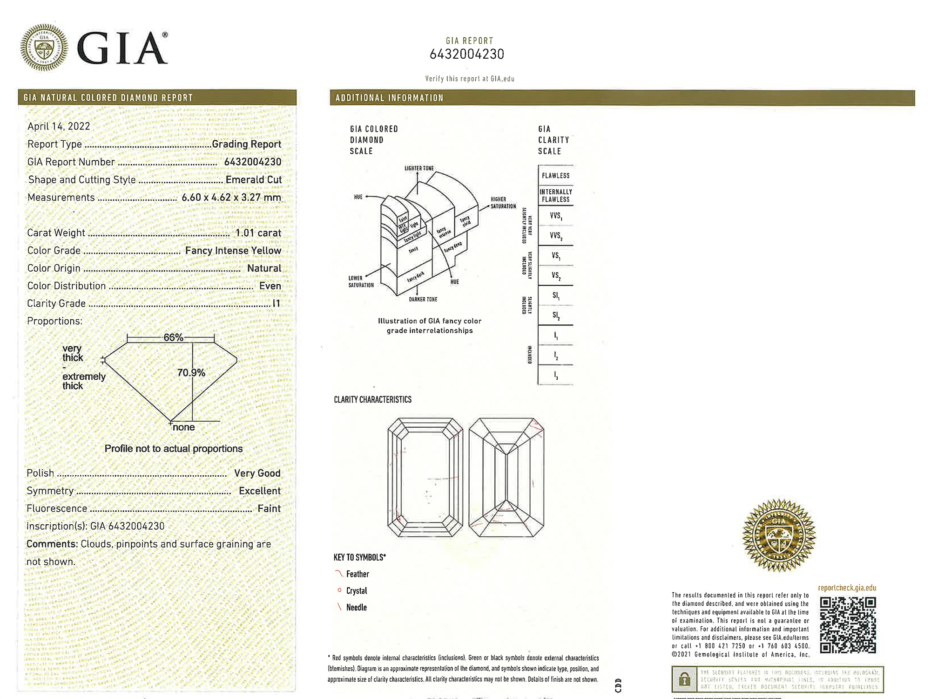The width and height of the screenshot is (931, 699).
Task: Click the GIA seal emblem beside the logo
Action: tap(44, 48)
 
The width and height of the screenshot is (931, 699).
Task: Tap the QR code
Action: tap(848, 625)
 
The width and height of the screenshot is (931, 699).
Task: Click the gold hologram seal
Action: tap(779, 535)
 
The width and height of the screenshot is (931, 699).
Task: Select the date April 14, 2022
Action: tap(59, 126)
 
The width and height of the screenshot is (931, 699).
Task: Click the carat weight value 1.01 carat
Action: tap(258, 233)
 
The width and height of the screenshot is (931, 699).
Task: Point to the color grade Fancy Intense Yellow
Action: tap(233, 251)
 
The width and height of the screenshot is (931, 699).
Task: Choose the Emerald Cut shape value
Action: tap(253, 180)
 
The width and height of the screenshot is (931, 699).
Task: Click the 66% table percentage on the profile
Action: tap(173, 337)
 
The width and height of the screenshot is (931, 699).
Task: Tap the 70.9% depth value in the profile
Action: tap(191, 373)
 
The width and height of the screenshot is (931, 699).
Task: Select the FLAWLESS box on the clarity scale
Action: tap(555, 176)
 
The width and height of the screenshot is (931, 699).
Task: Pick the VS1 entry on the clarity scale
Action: tap(555, 256)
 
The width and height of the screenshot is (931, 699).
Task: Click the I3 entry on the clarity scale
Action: tap(555, 375)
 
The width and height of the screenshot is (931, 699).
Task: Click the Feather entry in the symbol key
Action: tap(357, 574)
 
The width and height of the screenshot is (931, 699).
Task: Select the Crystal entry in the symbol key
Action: tap(356, 591)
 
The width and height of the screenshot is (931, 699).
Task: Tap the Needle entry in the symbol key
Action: tap(356, 608)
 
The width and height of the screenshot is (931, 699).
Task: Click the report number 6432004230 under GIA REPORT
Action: tap(466, 55)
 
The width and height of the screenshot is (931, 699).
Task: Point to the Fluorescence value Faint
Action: tap(269, 509)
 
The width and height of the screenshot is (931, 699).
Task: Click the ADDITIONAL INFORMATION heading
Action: tap(389, 98)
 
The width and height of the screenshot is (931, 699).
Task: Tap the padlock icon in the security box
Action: tap(684, 679)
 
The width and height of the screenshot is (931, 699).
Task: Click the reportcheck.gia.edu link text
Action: tap(847, 588)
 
